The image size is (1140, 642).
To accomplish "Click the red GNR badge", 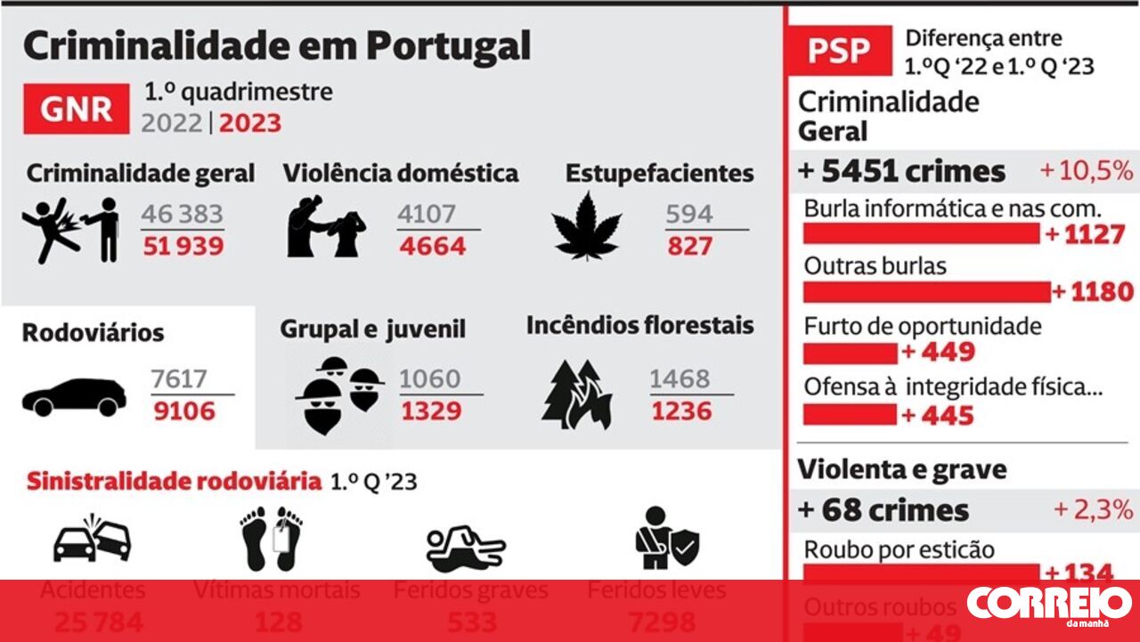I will coord(76,109).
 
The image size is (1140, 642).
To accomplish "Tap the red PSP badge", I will coord(839,50).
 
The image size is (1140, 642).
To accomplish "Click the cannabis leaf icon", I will coord(587,225).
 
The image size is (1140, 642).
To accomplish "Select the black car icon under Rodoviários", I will coord(75,397).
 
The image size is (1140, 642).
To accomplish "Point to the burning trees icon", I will coord(576,394).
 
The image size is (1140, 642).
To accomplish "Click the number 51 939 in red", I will coord(183,246).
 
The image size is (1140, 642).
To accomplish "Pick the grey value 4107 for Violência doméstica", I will coord(427,215).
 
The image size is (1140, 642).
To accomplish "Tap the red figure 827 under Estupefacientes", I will coord(690,246).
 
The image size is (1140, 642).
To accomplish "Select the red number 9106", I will coord(183,410).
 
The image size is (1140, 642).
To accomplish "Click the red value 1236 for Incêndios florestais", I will coord(681,410).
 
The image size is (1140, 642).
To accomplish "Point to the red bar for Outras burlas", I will coord(926,292).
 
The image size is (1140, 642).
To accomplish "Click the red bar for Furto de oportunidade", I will coord(850,353).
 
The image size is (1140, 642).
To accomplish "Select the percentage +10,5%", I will coord(1086,170).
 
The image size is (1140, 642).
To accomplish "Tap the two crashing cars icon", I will coord(93,538).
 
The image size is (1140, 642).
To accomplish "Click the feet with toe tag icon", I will coord(272,538).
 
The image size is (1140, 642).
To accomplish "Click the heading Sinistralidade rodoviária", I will coord(174,482).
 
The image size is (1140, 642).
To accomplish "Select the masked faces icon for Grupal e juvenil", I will coord(339,393).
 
